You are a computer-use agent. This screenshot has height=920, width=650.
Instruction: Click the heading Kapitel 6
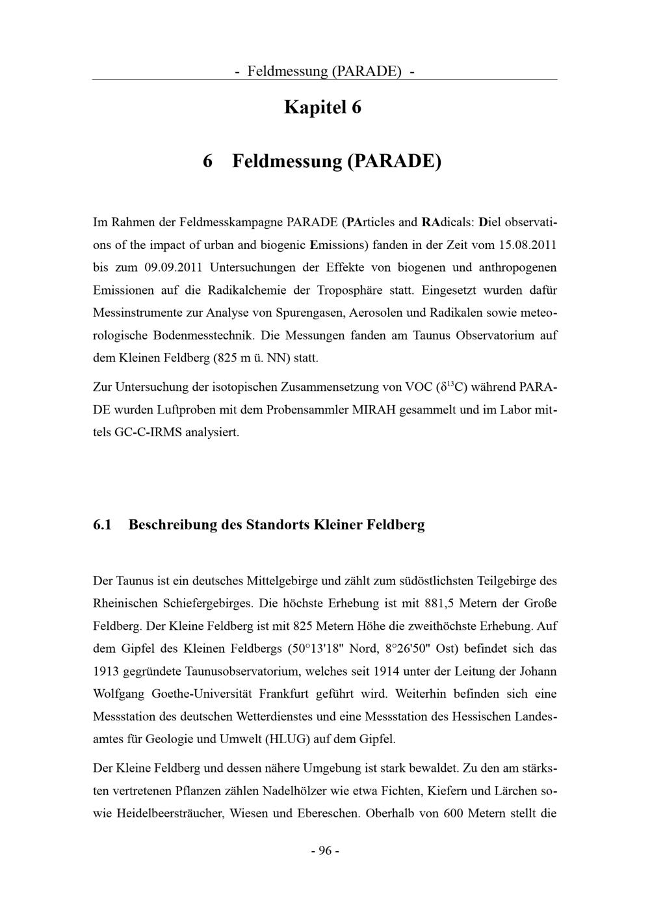point(322,107)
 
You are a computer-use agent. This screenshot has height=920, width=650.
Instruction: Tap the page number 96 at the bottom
point(325,851)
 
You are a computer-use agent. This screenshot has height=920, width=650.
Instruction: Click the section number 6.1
point(103,525)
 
